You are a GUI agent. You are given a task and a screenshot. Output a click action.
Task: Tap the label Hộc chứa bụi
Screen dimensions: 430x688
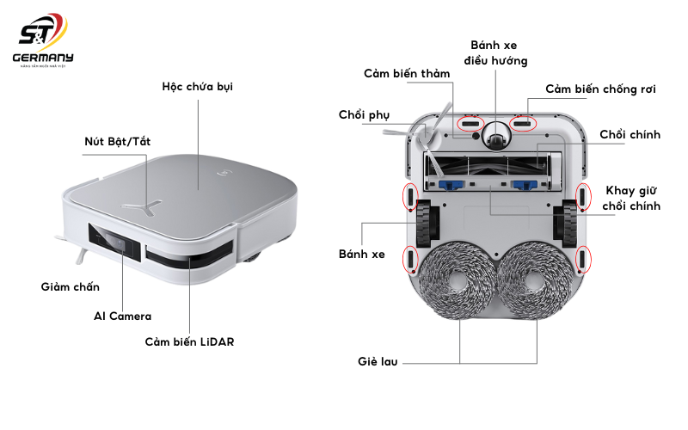click(x=197, y=87)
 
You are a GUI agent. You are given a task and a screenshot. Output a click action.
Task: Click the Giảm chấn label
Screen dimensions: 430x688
click(x=70, y=286)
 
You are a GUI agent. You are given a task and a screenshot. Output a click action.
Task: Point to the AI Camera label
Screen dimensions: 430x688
click(x=122, y=316)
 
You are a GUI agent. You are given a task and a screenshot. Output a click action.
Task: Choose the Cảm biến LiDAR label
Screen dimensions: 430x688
click(x=189, y=341)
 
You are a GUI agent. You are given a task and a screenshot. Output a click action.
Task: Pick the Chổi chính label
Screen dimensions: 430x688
click(x=630, y=134)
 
